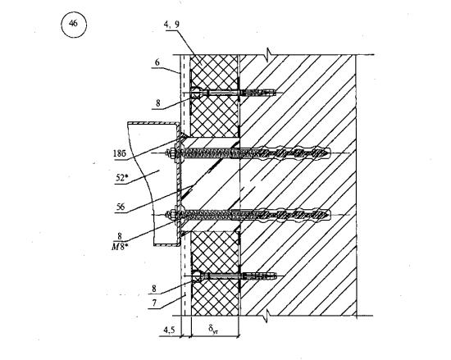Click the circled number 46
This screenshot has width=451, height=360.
coord(74,24)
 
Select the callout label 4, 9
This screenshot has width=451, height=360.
coord(171,25)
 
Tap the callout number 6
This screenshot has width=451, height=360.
coord(157,62)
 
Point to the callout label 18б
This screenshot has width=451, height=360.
coord(120,154)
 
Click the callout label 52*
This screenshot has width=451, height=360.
coord(121,178)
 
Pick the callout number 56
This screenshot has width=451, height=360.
coord(121,207)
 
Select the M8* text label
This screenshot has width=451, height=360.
coord(119,247)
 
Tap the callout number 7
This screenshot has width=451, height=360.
coord(154,303)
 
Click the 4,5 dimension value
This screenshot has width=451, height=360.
coord(169,330)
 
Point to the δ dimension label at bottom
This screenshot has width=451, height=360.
coord(213,329)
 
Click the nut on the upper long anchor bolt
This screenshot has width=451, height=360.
coord(171,153)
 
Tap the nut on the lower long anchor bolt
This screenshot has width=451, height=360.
coord(172,215)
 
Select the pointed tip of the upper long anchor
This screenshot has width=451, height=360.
coord(330,153)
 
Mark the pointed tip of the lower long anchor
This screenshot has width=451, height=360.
coord(330,215)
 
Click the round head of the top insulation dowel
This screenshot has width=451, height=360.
coord(195,93)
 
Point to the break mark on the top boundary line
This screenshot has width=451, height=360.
coord(268,53)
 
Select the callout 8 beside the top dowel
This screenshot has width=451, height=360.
coord(158,103)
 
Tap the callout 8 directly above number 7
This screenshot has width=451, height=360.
coord(154,289)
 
